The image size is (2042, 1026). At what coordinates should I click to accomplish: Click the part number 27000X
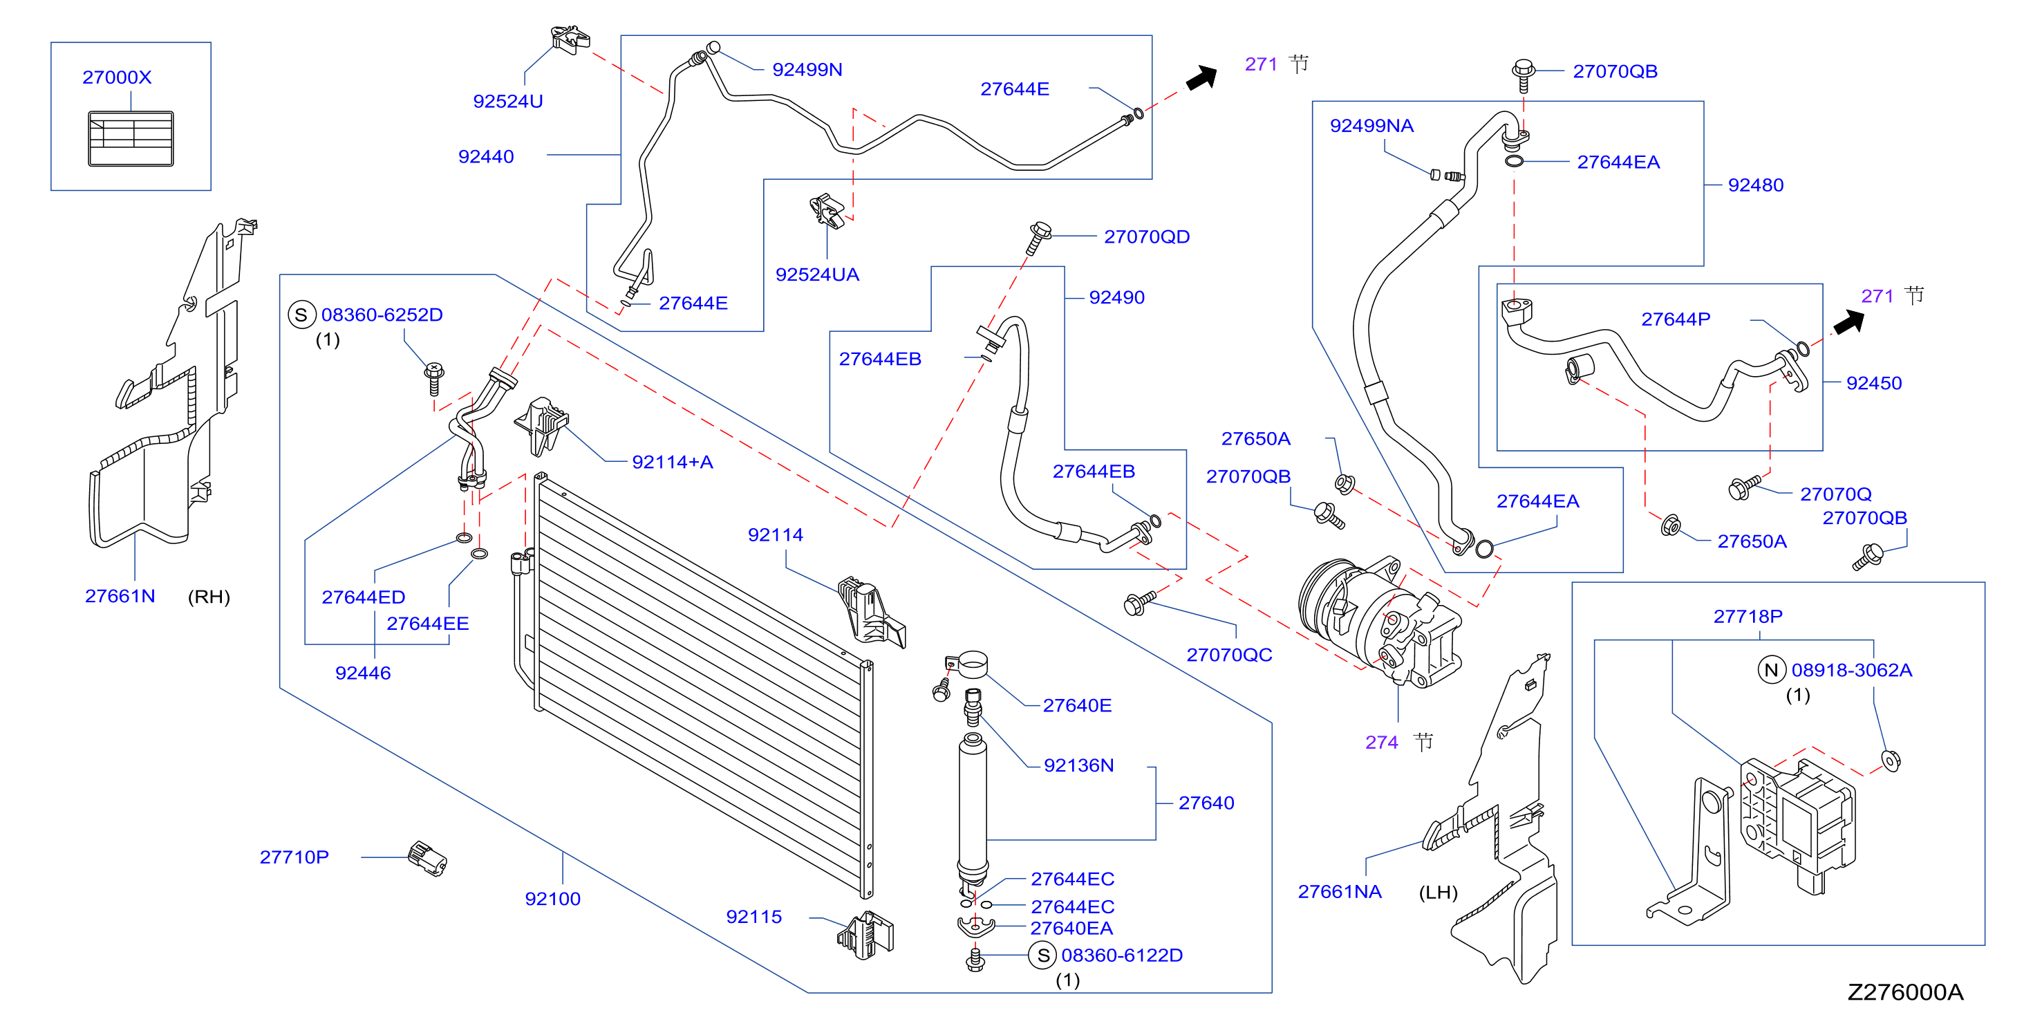point(117,77)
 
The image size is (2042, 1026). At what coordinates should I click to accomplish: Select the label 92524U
point(507,102)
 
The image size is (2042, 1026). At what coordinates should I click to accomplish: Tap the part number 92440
point(486,157)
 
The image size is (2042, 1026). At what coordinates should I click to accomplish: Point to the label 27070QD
point(1146,237)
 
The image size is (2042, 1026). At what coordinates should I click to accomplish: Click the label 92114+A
point(672,463)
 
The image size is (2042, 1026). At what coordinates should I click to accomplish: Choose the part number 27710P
point(294,857)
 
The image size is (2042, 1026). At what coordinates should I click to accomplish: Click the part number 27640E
point(1076,706)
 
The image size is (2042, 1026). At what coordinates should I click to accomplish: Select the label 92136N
point(1078,766)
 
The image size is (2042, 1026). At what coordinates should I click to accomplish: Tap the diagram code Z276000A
point(1905,993)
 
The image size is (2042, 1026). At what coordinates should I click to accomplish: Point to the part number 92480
point(1755,185)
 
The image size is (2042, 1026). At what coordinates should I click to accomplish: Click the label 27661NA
point(1339,892)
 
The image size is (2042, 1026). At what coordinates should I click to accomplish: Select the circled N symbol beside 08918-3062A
point(1771,670)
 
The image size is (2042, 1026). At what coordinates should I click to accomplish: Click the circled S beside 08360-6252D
point(301,315)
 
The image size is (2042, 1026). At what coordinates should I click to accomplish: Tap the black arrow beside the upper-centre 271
point(1201,77)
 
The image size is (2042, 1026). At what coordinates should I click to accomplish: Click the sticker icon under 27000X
point(131,139)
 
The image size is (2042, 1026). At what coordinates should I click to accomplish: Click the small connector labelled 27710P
point(427,859)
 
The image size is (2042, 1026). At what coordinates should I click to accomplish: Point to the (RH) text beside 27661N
point(209,597)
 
